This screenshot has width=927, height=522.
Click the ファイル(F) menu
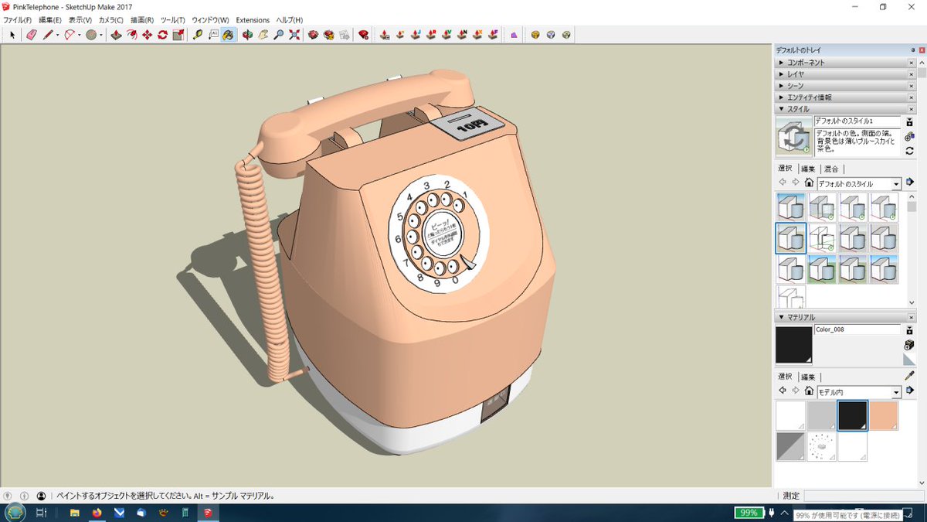pyautogui.click(x=18, y=20)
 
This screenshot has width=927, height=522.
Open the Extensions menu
pyautogui.click(x=253, y=20)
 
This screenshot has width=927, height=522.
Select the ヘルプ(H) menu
pyautogui.click(x=290, y=20)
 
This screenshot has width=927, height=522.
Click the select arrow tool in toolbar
pyautogui.click(x=12, y=35)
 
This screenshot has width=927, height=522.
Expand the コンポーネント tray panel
pyautogui.click(x=805, y=63)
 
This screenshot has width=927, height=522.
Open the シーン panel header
pyautogui.click(x=795, y=86)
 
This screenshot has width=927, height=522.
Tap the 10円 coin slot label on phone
pyautogui.click(x=468, y=126)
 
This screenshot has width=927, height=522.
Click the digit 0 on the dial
pyautogui.click(x=455, y=280)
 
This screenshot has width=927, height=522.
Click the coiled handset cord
pyautogui.click(x=266, y=263)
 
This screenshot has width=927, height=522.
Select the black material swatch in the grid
pyautogui.click(x=853, y=415)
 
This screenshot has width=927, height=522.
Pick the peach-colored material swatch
pyautogui.click(x=884, y=415)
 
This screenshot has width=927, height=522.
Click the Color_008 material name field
pyautogui.click(x=857, y=329)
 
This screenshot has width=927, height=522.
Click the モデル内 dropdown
pyautogui.click(x=858, y=391)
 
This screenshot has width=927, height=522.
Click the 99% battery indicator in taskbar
pyautogui.click(x=747, y=513)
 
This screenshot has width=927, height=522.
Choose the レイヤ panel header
pyautogui.click(x=795, y=74)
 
